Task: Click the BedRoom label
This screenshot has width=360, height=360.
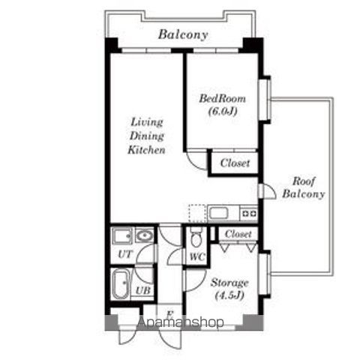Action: point(222,98)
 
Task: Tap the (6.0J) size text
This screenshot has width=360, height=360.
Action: point(223,111)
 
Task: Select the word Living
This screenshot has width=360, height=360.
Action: point(147,122)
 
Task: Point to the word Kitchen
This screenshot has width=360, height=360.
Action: point(146,150)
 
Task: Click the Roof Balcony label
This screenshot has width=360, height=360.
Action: point(304,187)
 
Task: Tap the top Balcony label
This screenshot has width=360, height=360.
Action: point(183,34)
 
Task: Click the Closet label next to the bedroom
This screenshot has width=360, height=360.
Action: point(235,163)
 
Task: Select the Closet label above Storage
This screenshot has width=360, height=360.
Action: point(238,234)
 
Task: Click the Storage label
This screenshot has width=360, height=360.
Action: point(229,283)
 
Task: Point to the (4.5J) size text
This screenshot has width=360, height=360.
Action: point(229,295)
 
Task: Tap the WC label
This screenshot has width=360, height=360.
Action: point(197,256)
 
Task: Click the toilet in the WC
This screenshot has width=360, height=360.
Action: point(196,237)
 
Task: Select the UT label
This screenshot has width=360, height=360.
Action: point(124,254)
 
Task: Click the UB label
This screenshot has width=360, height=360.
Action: point(143,290)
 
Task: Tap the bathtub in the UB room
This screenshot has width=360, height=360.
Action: point(121,284)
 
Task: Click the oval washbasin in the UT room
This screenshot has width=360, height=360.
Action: point(145,235)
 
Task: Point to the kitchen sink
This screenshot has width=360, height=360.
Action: point(219,213)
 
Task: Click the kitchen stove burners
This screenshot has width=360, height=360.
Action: point(249,214)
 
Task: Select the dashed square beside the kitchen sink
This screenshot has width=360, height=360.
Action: point(197,213)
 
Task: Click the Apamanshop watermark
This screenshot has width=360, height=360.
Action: point(180,322)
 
